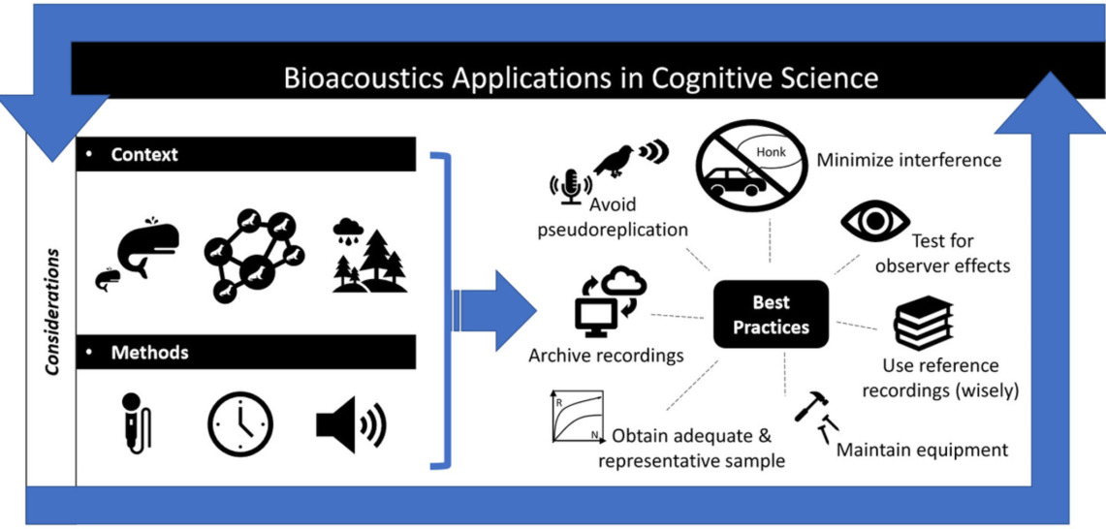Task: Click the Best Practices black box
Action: coord(771,314)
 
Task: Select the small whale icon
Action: coord(108,279)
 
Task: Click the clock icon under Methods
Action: coord(239,423)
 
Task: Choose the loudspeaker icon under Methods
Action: coord(351,424)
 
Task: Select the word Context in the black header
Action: coord(144,154)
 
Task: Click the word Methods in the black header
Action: coord(149,352)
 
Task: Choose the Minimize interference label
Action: coord(909,160)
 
